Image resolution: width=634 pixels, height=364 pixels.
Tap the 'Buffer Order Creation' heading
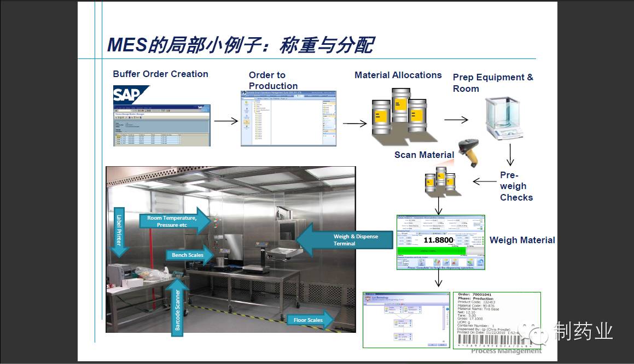pyautogui.click(x=160, y=74)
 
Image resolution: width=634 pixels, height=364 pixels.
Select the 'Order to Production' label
pyautogui.click(x=273, y=80)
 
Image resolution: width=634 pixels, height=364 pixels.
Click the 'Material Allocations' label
pyautogui.click(x=398, y=75)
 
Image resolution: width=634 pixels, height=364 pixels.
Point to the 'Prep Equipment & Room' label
pyautogui.click(x=492, y=83)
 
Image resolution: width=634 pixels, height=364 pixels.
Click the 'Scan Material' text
pyautogui.click(x=424, y=155)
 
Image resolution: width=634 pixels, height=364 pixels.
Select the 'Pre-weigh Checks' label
pyautogui.click(x=515, y=186)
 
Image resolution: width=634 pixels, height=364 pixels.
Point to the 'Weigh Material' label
pyautogui.click(x=522, y=240)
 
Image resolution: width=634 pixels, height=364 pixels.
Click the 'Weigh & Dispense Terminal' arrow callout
pyautogui.click(x=345, y=240)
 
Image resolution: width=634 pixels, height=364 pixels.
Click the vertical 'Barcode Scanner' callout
pyautogui.click(x=176, y=309)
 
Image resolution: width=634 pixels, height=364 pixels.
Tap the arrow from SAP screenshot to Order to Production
pyautogui.click(x=225, y=121)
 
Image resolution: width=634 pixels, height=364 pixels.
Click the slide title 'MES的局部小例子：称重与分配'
pyautogui.click(x=240, y=45)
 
